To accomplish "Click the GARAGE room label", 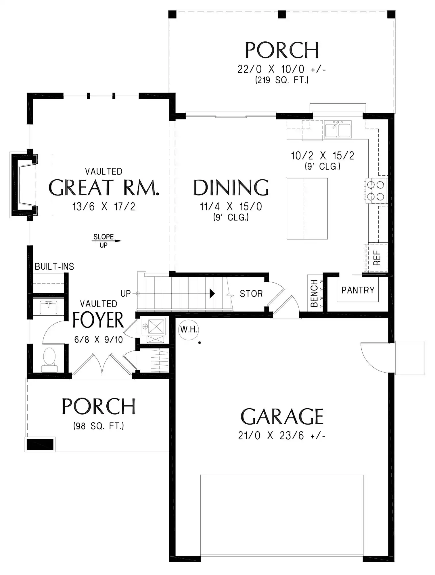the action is pyautogui.click(x=282, y=417).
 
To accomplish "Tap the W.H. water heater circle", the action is pyautogui.click(x=189, y=329).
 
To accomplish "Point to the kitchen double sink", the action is pyautogui.click(x=338, y=129).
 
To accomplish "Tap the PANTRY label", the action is pyautogui.click(x=358, y=290).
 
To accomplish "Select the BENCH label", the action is pyautogui.click(x=314, y=293).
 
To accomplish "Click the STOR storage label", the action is pyautogui.click(x=251, y=294).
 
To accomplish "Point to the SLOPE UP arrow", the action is pyautogui.click(x=107, y=241).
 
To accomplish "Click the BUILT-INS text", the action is pyautogui.click(x=54, y=267).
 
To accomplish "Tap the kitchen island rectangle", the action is pyautogui.click(x=307, y=208).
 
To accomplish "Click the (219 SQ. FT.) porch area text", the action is pyautogui.click(x=282, y=80).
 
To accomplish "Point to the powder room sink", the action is pyautogui.click(x=49, y=307).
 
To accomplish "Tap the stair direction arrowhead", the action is pyautogui.click(x=212, y=294).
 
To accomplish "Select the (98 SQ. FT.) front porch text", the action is pyautogui.click(x=99, y=426).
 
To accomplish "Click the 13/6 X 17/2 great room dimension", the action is pyautogui.click(x=104, y=206).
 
